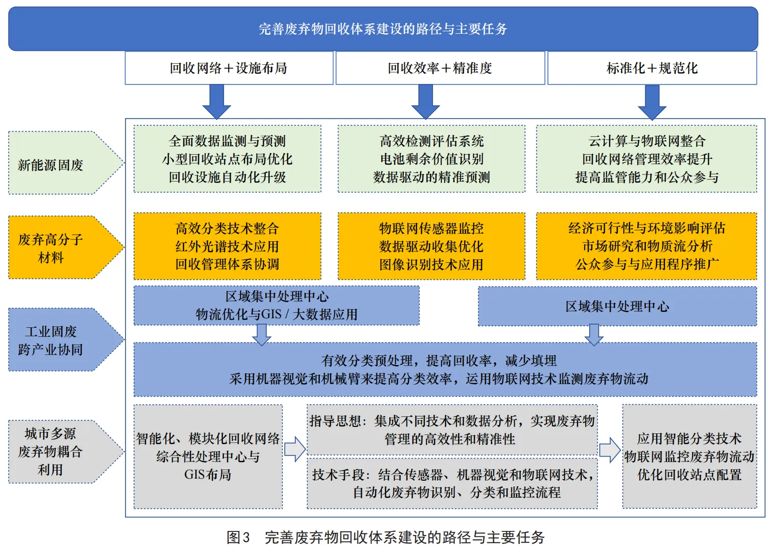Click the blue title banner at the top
(x=383, y=29)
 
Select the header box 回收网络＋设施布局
(x=229, y=68)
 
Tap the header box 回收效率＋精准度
(x=440, y=68)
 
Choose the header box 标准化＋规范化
(x=652, y=68)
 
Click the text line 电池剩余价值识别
(x=431, y=159)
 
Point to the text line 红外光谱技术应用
(x=227, y=246)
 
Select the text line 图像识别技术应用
(x=431, y=264)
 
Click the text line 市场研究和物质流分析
(x=647, y=246)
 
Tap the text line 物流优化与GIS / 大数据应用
(x=277, y=315)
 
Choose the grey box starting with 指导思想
(x=452, y=430)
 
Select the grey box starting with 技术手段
(x=452, y=483)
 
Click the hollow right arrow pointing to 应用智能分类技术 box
(x=609, y=449)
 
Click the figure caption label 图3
(x=238, y=537)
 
